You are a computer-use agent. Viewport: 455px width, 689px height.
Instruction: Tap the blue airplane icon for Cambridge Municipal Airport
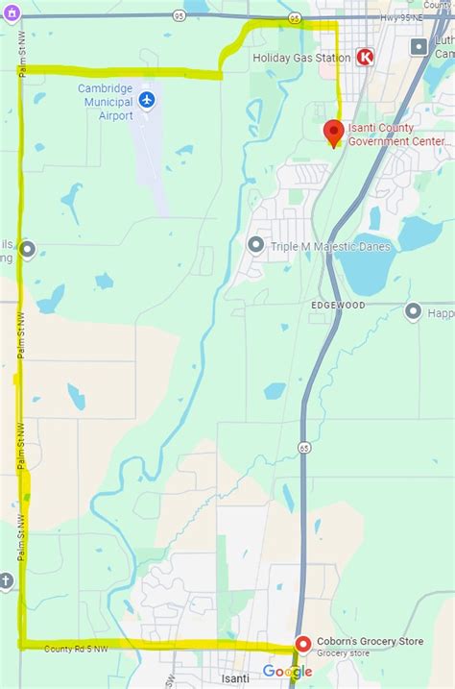pos(146,100)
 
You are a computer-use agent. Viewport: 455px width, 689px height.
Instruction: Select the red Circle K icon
pos(366,58)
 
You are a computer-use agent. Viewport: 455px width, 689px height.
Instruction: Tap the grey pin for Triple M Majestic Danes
pos(255,245)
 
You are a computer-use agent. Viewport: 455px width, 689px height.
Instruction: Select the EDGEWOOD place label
pos(338,305)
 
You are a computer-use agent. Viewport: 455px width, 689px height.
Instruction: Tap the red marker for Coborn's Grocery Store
pos(302,644)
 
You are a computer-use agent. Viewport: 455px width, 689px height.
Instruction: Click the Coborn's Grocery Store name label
pos(369,643)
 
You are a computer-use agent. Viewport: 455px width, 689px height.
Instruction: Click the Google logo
pos(287,671)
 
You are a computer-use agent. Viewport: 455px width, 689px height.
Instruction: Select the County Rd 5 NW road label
pos(76,650)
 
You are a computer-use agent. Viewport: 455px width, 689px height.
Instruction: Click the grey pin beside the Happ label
pos(414,310)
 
